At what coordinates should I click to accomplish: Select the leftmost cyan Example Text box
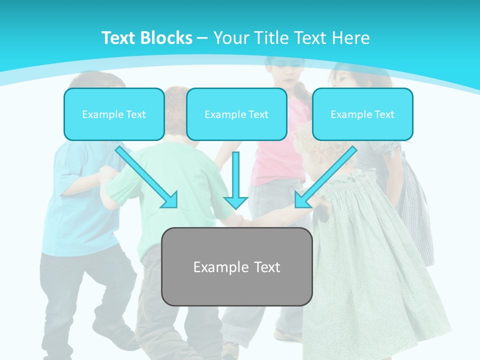coord(114,114)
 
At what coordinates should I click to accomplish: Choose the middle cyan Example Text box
coord(236,114)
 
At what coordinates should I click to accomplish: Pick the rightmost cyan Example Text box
coord(362,114)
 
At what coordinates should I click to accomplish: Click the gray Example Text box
coord(236,267)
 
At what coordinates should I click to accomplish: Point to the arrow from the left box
coord(145,175)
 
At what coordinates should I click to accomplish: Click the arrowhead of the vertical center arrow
coord(235,201)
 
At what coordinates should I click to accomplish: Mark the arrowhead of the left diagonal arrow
coord(170,200)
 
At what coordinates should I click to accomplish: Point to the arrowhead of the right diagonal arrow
coord(302,200)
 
